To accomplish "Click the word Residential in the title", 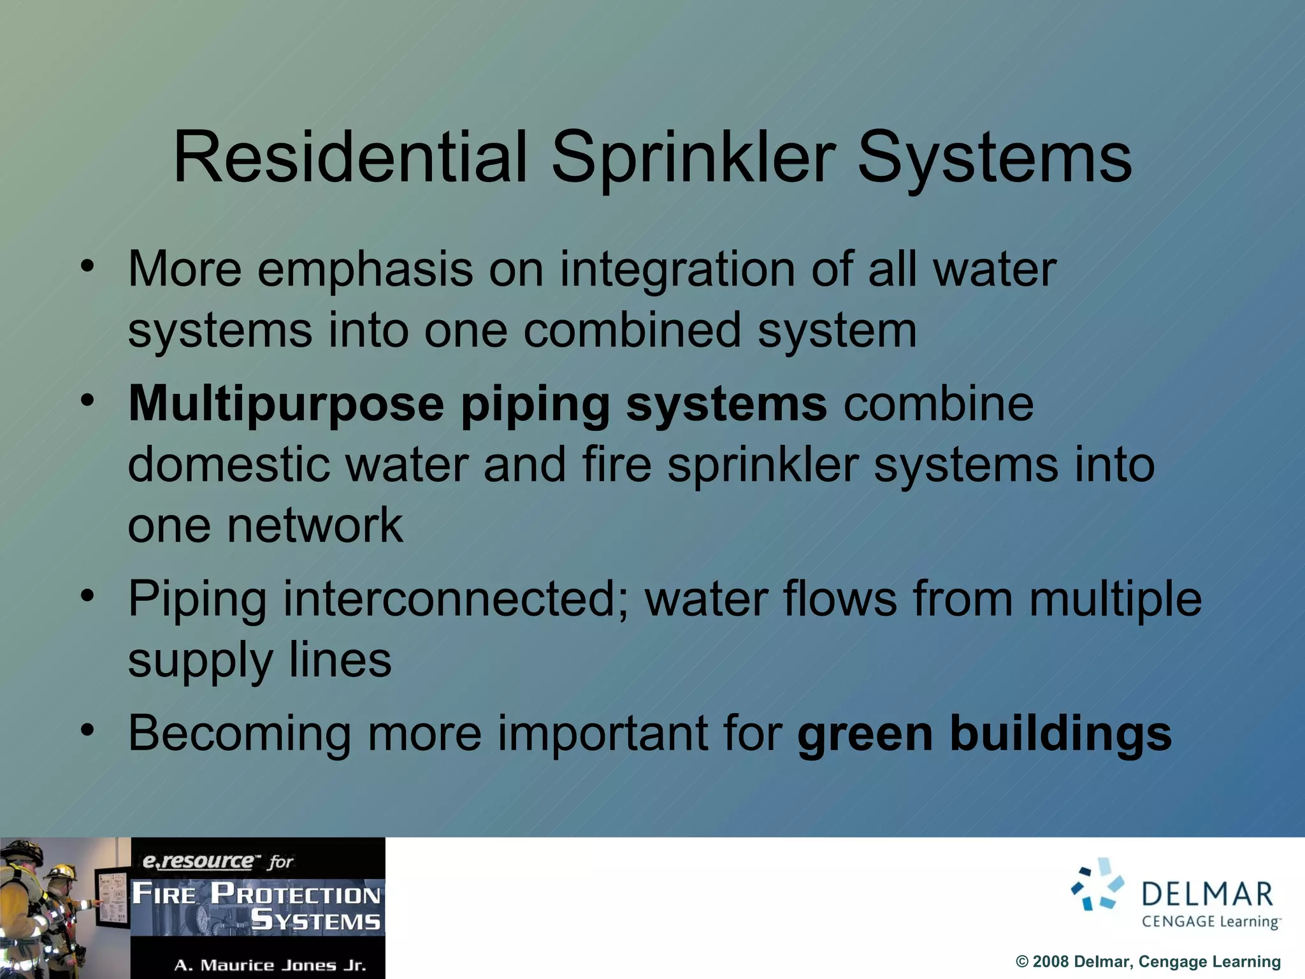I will (x=350, y=157).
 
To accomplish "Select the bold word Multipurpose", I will (x=286, y=405).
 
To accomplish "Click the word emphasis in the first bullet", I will (x=365, y=270).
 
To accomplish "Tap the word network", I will (x=315, y=525).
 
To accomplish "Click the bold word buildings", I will (x=1061, y=734).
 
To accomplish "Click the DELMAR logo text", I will (x=1208, y=894).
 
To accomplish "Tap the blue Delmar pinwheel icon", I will (x=1097, y=885).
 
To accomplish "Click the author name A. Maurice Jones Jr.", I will (x=270, y=965).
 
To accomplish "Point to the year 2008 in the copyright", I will (x=1050, y=962).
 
